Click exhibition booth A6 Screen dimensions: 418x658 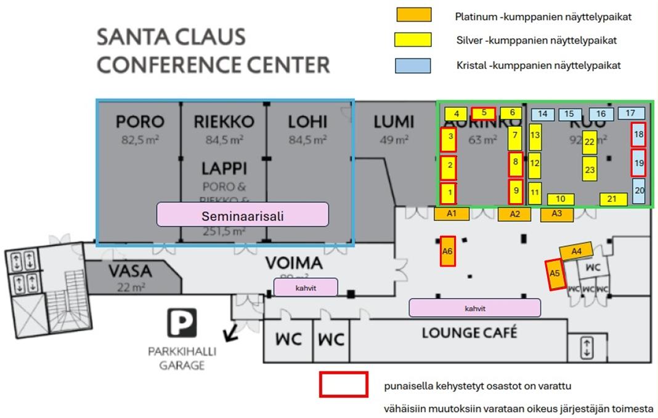coord(448,251)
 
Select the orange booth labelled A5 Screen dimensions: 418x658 coord(556,274)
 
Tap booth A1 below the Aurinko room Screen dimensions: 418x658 coord(452,214)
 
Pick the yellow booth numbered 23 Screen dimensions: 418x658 coord(590,169)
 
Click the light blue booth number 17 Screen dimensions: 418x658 coord(630,113)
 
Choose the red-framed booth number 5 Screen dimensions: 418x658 coord(484,113)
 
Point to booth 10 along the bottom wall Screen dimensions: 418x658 coord(560,199)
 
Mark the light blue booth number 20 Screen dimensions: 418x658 coord(639,191)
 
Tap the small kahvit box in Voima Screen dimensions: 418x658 coord(306,287)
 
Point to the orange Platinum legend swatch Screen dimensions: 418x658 coord(413,15)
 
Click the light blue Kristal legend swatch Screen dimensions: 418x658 coord(413,65)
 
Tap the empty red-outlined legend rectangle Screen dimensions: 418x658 coord(343,384)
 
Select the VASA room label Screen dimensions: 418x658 coord(130,271)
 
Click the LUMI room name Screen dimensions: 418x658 coord(393,122)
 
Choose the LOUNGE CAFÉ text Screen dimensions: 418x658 coord(469,333)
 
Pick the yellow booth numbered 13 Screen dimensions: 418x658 coord(535,135)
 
